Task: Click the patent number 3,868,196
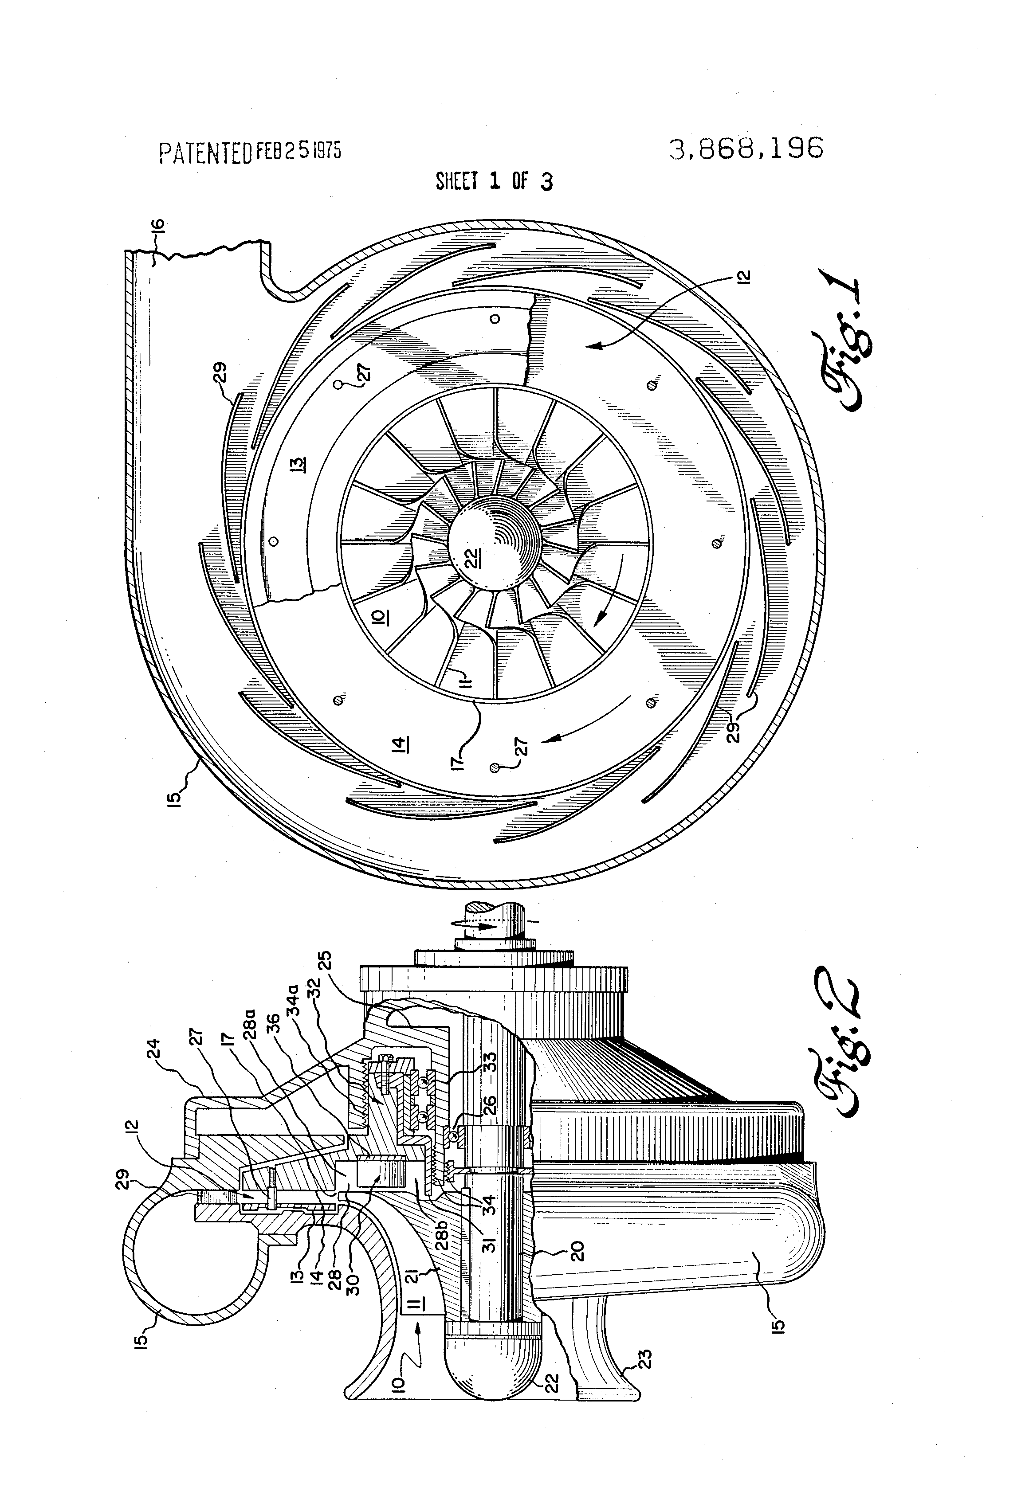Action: [x=746, y=149]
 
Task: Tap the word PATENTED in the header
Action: [x=205, y=153]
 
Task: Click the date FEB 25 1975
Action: [x=298, y=151]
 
